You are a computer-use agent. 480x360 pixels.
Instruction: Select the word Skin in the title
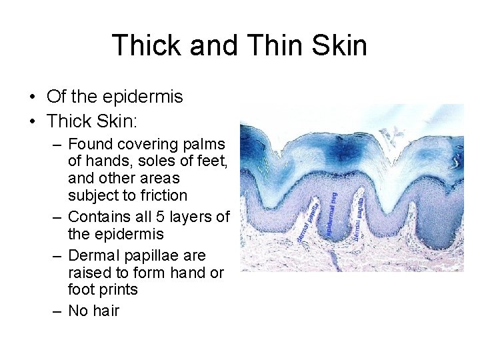[x=339, y=45]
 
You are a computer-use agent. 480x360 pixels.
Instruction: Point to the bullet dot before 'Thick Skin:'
[x=32, y=121]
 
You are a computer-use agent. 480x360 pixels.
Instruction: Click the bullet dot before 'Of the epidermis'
[x=32, y=97]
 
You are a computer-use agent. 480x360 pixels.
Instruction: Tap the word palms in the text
[x=204, y=144]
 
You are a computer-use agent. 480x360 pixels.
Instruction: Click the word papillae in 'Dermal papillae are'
[x=149, y=255]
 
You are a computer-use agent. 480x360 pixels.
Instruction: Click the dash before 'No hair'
[x=58, y=310]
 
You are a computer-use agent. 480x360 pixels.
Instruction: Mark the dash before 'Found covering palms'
[x=58, y=144]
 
